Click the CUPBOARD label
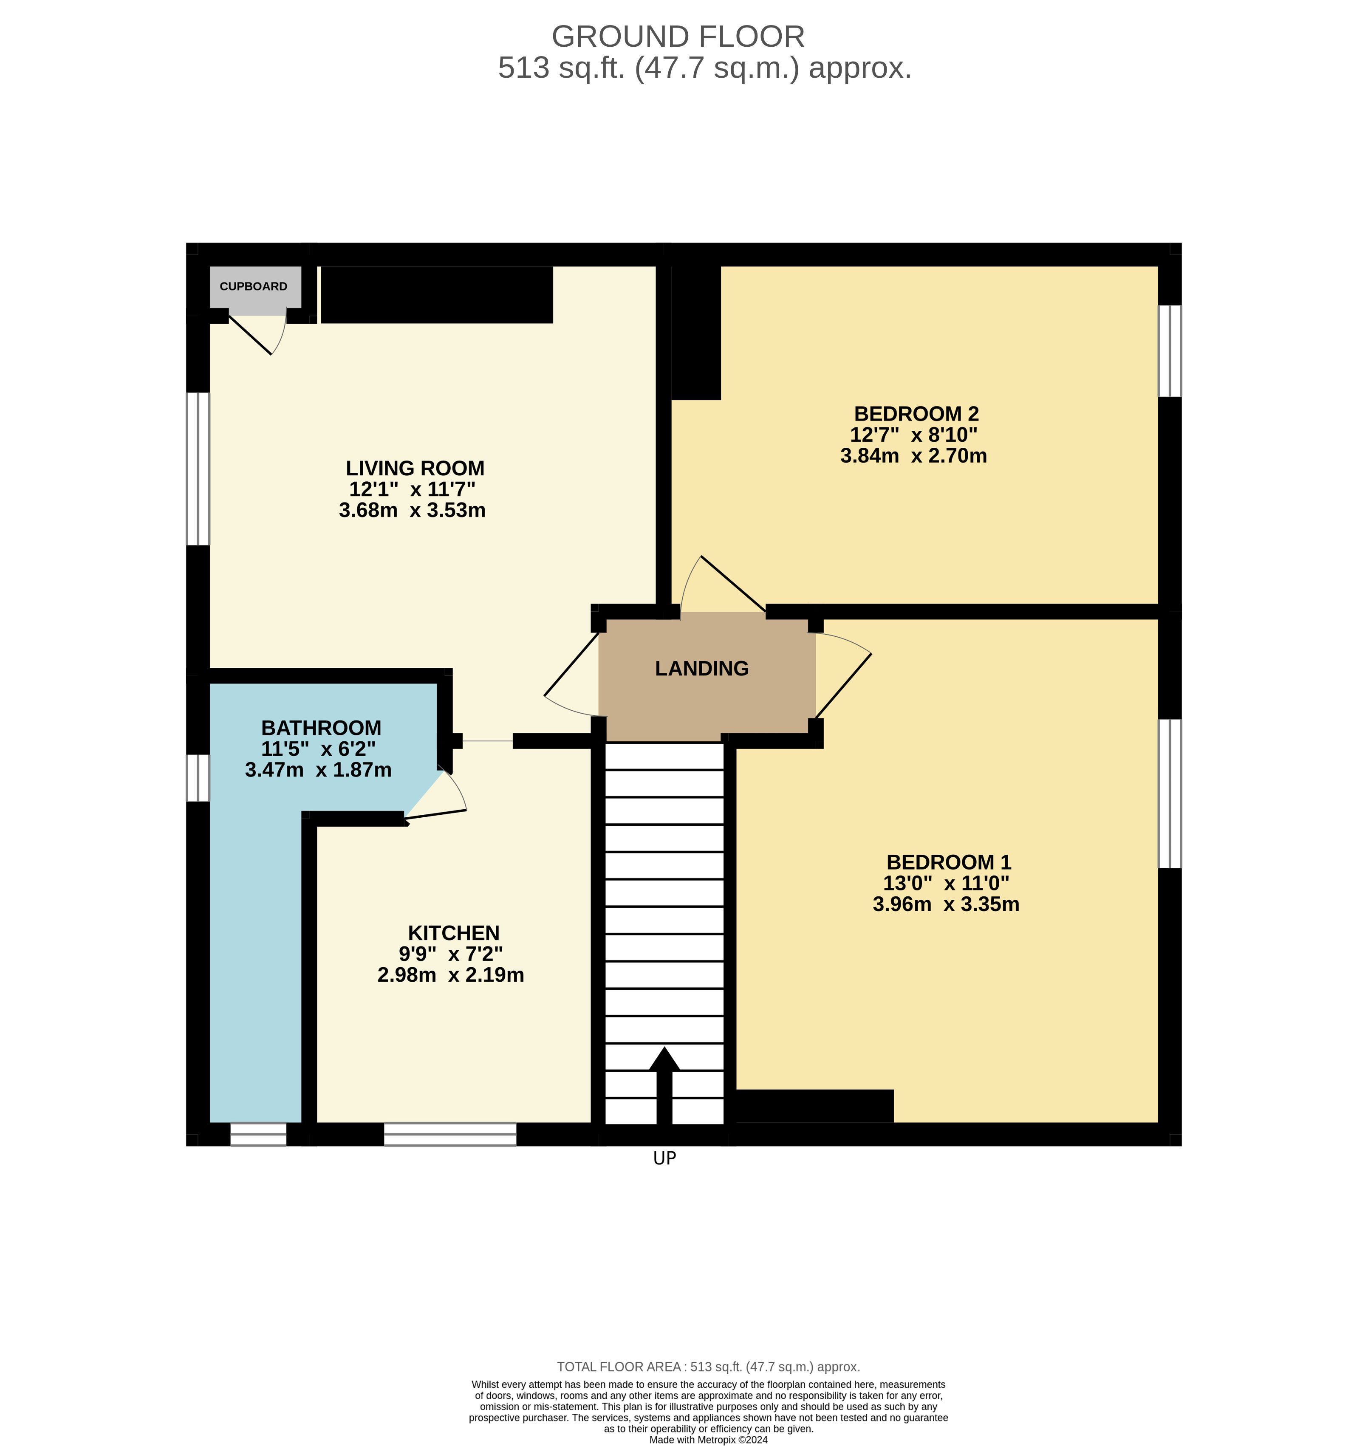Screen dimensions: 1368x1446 point(253,287)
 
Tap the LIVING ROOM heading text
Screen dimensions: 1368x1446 point(415,468)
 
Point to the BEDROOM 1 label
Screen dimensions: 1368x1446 point(949,862)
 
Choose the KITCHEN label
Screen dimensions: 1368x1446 point(454,933)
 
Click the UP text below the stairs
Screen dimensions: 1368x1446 point(664,1158)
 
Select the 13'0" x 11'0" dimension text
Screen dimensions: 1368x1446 point(946,883)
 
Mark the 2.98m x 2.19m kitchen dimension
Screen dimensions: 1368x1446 point(451,975)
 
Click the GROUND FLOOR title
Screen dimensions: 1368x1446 point(678,37)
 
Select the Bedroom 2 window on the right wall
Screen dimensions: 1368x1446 point(1170,351)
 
